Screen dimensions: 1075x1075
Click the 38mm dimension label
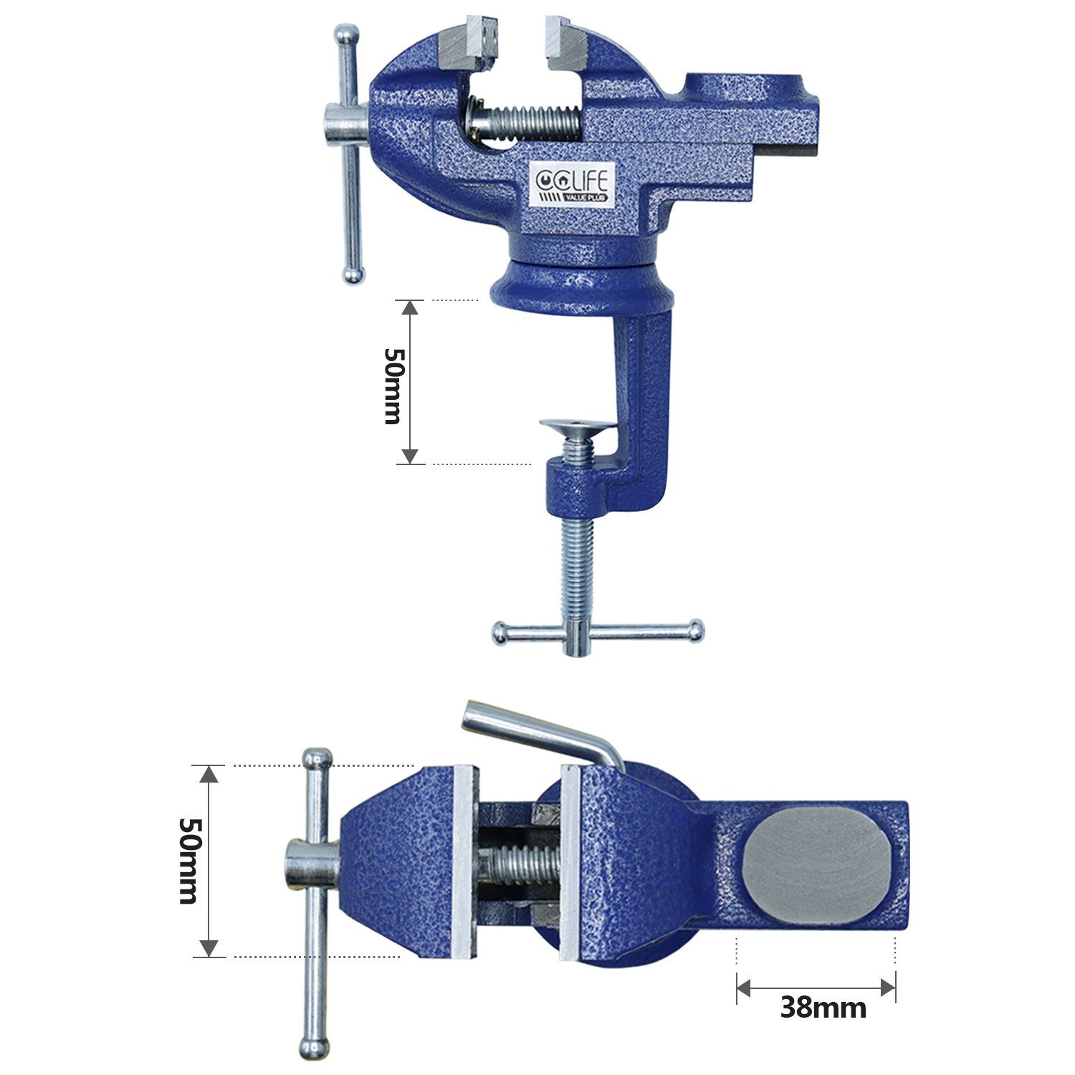tap(823, 1008)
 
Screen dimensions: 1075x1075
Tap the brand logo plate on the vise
tap(566, 183)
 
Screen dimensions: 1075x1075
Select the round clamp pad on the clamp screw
tap(578, 427)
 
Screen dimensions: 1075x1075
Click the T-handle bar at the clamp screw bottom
tap(597, 632)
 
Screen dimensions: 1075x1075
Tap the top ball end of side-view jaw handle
tap(347, 34)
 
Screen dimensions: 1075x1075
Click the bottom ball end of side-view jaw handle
tap(353, 274)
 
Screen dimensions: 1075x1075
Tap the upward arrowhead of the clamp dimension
tap(409, 307)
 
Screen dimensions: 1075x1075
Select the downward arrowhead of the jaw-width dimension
tap(208, 948)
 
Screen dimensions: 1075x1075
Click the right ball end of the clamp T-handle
tap(694, 630)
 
